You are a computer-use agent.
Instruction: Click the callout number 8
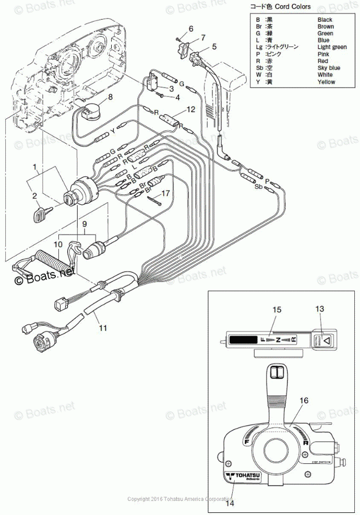[110, 97]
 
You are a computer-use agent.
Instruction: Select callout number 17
[165, 193]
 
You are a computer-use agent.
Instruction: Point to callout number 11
[103, 328]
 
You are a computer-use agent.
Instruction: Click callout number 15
[277, 310]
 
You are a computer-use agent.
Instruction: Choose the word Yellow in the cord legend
[326, 82]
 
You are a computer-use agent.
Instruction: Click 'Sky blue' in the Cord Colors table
[329, 68]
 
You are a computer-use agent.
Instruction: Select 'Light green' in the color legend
[332, 47]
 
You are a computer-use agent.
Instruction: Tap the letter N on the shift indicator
[278, 340]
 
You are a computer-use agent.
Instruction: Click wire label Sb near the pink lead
[258, 186]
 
